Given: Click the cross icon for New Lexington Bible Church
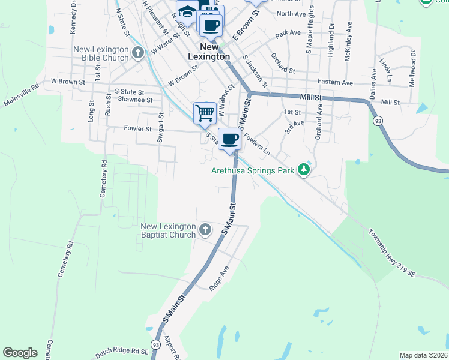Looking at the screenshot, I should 138,53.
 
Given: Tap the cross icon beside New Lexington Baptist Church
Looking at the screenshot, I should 205,229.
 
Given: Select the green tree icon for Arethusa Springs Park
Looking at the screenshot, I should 304,170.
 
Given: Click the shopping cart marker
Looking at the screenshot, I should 205,112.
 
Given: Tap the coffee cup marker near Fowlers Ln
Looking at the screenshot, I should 229,139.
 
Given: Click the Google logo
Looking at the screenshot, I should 20,353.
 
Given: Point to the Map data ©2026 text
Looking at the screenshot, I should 423,355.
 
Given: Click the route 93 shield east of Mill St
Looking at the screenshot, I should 378,121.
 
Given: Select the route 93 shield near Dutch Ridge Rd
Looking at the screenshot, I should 155,344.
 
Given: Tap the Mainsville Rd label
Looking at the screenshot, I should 20,95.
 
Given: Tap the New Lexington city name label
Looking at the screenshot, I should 209,52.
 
